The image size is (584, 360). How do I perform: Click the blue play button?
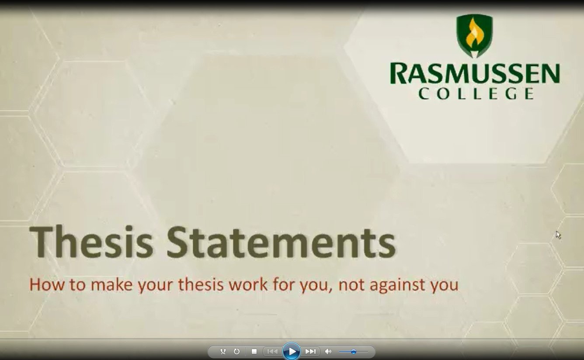pyautogui.click(x=292, y=351)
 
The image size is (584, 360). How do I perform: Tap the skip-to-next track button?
pyautogui.click(x=310, y=352)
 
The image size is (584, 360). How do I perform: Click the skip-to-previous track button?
pyautogui.click(x=272, y=352)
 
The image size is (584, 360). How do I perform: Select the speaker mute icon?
pyautogui.click(x=328, y=352)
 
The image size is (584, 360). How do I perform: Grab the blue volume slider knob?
pyautogui.click(x=354, y=352)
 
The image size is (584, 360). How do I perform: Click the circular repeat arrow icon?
pyautogui.click(x=236, y=351)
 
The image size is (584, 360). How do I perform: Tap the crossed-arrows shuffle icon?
pyautogui.click(x=223, y=351)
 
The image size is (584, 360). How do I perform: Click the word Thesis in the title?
pyautogui.click(x=91, y=242)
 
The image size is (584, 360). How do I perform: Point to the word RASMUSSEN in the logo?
pyautogui.click(x=475, y=74)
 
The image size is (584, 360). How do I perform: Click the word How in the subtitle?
pyautogui.click(x=47, y=284)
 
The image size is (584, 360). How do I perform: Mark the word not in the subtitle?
pyautogui.click(x=351, y=285)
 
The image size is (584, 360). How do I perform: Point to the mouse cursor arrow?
pyautogui.click(x=558, y=235)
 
